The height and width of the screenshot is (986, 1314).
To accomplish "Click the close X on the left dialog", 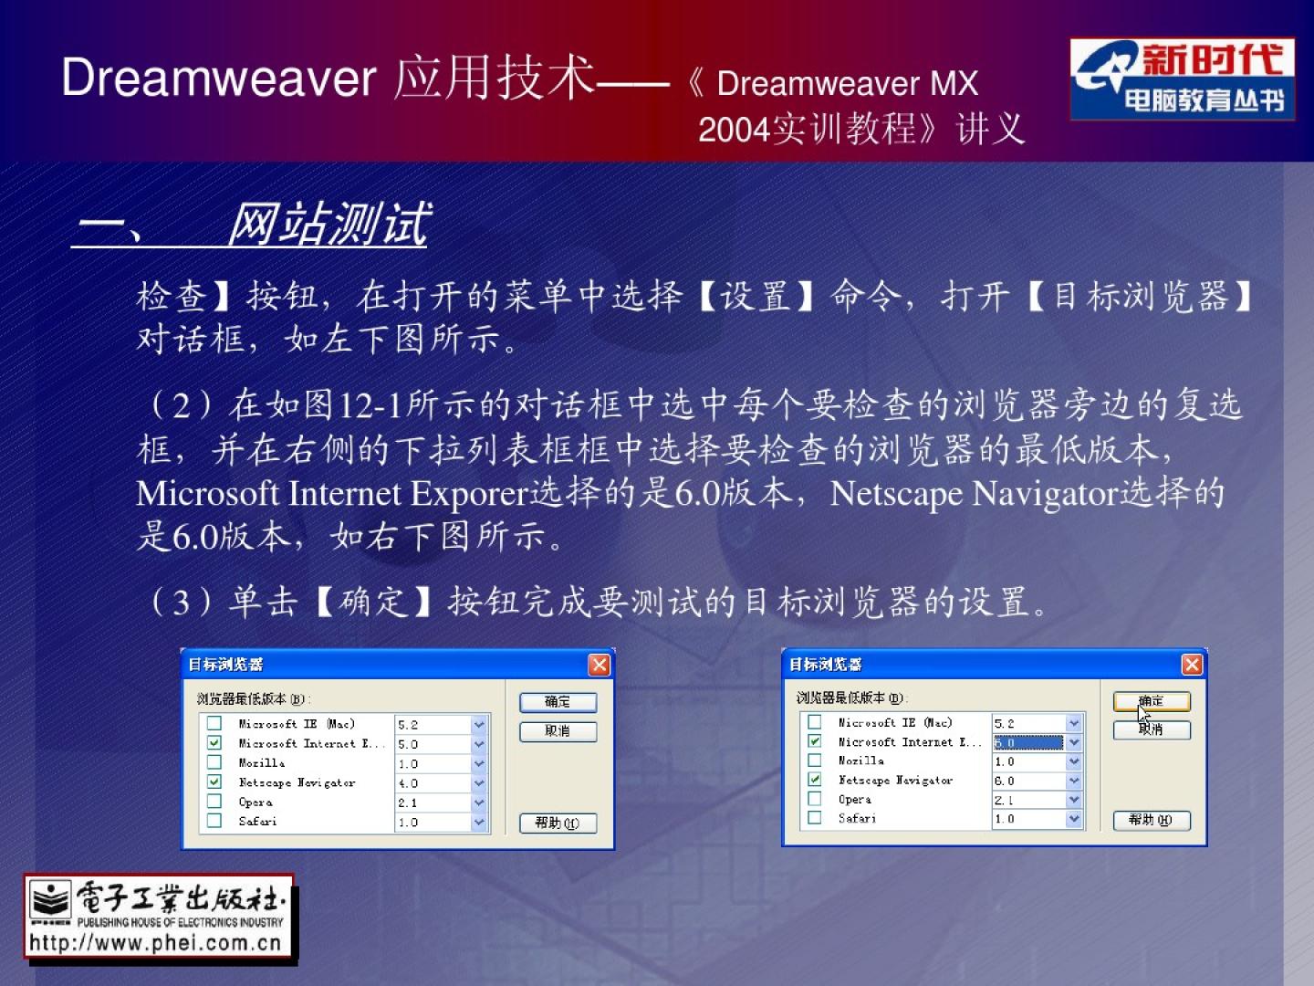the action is (600, 665).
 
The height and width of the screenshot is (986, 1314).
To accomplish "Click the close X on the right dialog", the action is (1192, 664).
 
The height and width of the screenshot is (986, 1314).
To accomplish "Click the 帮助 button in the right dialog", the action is (1152, 820).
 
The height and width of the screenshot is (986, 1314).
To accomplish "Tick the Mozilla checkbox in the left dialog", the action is (214, 762).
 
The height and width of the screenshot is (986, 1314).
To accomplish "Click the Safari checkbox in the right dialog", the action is (814, 817).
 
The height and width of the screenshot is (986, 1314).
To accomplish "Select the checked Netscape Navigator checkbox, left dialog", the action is (214, 781).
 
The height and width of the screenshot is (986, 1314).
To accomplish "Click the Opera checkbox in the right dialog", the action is (814, 799).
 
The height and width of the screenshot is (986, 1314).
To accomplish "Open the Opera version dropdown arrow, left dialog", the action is (478, 802).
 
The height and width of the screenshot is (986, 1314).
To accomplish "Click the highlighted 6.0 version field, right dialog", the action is (1028, 742).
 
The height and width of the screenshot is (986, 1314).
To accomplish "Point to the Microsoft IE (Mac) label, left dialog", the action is (297, 724).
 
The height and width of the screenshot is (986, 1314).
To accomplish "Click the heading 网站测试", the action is (328, 224).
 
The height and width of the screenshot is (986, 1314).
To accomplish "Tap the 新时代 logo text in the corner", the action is (1213, 59).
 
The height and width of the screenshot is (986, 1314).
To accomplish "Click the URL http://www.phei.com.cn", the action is (156, 943).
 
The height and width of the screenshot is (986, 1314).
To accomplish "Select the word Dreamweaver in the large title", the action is (219, 78).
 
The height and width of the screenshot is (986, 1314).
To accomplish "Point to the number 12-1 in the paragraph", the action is (370, 405).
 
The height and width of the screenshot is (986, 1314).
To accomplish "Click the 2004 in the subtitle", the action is (735, 130).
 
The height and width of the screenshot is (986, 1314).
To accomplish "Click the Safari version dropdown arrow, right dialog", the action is (1073, 818).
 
